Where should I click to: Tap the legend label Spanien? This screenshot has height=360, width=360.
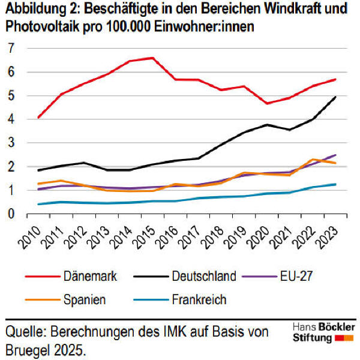click(x=85, y=299)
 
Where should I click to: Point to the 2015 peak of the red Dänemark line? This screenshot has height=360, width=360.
click(x=152, y=58)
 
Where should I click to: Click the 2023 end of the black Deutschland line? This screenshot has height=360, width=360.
click(x=335, y=97)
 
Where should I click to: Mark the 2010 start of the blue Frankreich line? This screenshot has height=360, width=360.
click(x=38, y=204)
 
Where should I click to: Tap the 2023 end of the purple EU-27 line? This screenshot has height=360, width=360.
click(x=335, y=155)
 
